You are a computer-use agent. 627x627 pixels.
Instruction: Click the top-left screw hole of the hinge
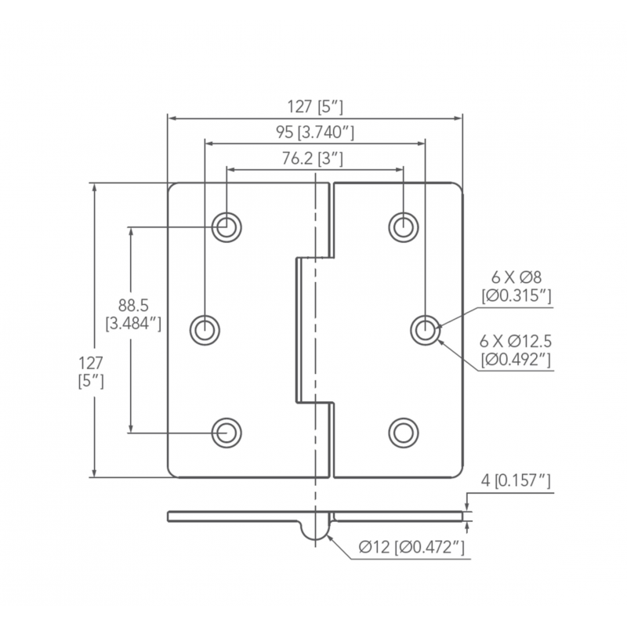coord(227,227)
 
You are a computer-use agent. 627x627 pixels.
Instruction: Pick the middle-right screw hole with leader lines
coord(425,329)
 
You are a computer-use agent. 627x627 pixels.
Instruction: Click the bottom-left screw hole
coord(227,430)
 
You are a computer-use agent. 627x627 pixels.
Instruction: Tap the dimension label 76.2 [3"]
coord(314,158)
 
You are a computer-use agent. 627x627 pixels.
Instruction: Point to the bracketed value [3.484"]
coord(133,322)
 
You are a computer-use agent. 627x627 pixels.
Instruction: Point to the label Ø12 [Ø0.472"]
coord(411,547)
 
